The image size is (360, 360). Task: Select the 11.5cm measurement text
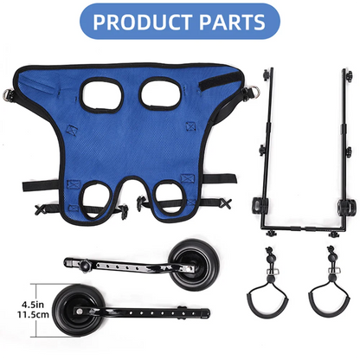pyautogui.click(x=26, y=317)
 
